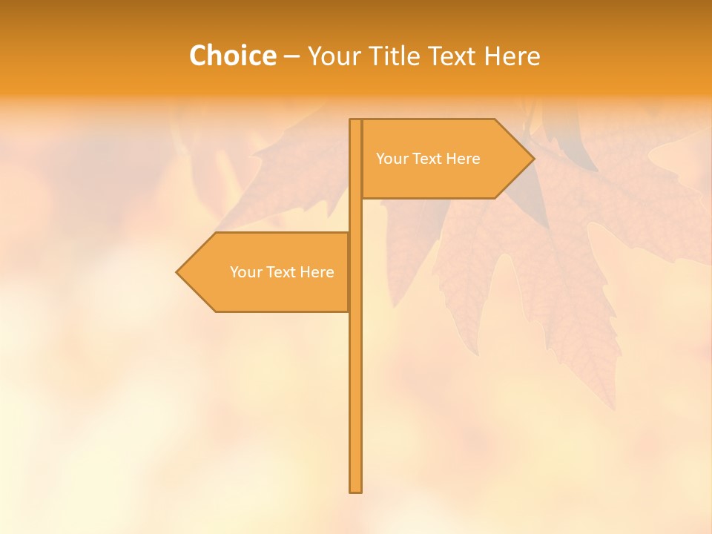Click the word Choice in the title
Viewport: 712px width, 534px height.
click(232, 56)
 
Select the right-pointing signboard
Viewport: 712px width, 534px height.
click(445, 159)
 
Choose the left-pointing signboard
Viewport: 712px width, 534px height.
click(267, 272)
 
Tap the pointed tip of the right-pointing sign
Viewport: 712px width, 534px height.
click(533, 159)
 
